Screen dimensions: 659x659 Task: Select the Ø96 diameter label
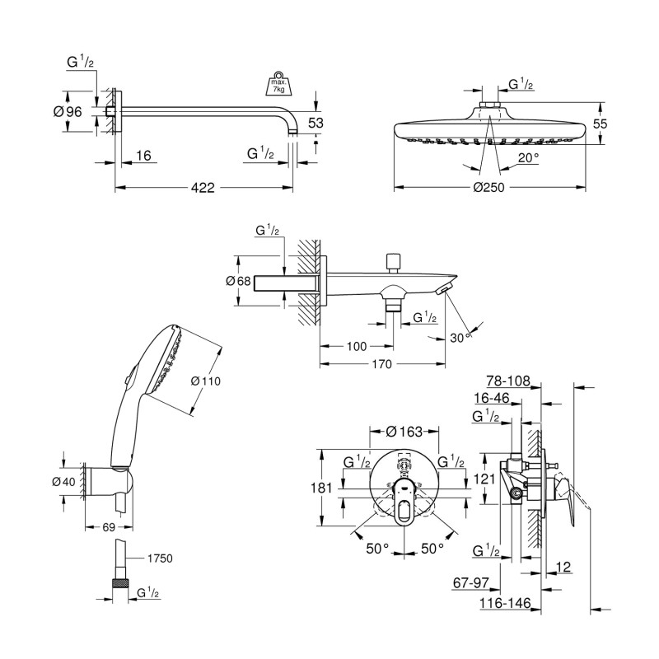tap(68, 112)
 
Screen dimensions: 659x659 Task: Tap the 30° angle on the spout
tap(459, 336)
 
